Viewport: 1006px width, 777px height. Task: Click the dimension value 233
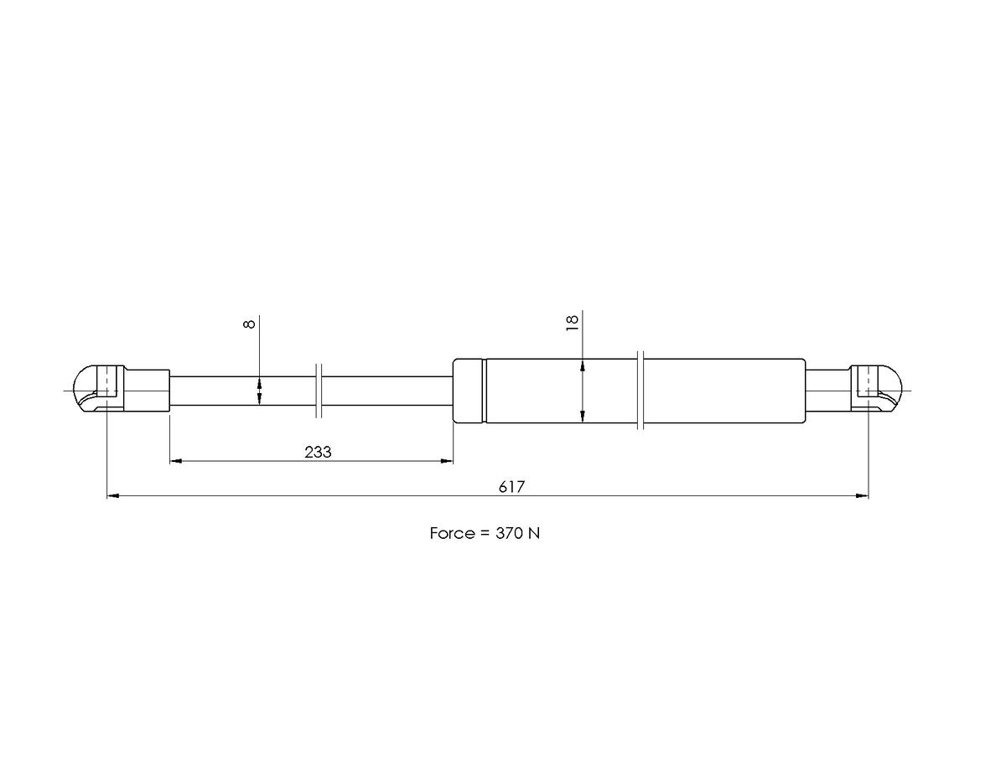[318, 452]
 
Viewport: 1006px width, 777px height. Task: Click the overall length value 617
[511, 487]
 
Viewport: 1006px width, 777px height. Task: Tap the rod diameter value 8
[249, 324]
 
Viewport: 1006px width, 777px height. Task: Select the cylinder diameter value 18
[573, 323]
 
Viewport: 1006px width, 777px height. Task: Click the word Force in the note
[453, 534]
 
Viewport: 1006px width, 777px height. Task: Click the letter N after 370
[534, 534]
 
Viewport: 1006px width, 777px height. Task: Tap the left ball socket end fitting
[99, 389]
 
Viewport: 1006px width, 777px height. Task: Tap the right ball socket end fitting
[876, 389]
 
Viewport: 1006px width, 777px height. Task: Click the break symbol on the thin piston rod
[319, 391]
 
